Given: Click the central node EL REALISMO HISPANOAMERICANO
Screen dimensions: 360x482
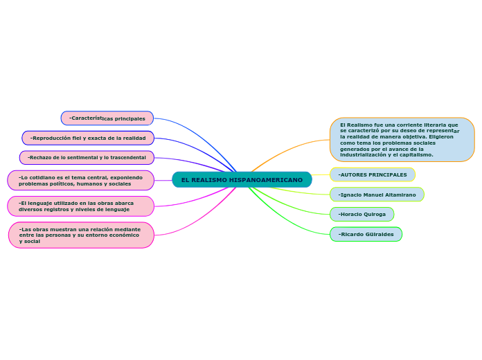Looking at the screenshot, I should click(242, 180).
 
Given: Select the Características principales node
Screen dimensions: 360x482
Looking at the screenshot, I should click(107, 118).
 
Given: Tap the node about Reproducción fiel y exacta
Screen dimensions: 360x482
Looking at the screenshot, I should click(88, 138).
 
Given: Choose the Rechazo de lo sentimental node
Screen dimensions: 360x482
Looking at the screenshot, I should click(87, 158).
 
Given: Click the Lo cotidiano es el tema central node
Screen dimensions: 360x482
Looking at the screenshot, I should click(80, 181).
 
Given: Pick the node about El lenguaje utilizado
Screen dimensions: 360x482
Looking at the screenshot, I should click(80, 206).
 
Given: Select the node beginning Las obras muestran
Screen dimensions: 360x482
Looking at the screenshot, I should click(81, 235).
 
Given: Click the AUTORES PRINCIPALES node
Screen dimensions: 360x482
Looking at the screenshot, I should click(373, 174).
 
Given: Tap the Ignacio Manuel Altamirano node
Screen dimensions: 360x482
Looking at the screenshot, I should click(377, 195).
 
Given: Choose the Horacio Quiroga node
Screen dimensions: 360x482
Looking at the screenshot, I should click(361, 215).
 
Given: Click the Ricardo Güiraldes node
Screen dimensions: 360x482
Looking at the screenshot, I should click(366, 234).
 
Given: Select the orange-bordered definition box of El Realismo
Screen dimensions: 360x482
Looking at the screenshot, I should click(402, 140).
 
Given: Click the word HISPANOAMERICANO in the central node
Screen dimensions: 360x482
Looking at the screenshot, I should click(266, 180).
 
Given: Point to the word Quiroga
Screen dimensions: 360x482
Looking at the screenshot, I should click(374, 215).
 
